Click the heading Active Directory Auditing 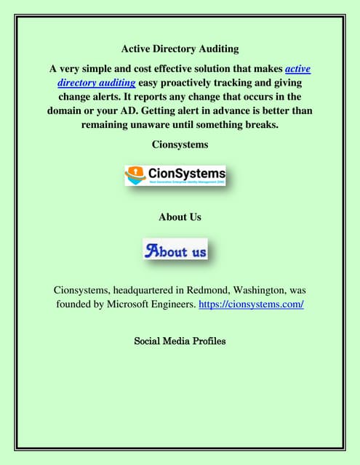[180, 49]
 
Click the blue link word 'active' [297, 69]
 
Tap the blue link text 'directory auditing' [97, 83]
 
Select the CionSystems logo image [175, 175]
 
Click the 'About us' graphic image [175, 251]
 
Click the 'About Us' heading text [180, 217]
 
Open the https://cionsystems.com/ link [251, 304]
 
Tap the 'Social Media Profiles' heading [180, 340]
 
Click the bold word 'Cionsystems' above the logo [180, 145]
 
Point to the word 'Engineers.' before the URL [169, 304]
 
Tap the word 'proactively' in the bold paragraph [199, 83]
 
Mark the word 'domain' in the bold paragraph [65, 110]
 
